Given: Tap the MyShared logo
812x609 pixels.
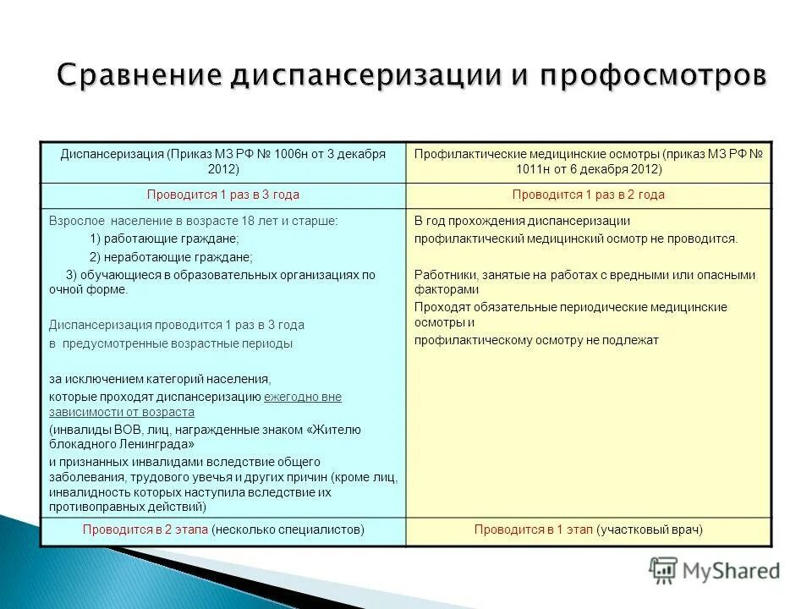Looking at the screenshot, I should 715,571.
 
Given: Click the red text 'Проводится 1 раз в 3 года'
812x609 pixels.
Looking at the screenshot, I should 222,195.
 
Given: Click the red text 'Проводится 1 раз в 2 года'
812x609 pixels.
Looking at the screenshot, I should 588,195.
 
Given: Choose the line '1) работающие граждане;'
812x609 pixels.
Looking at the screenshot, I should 163,239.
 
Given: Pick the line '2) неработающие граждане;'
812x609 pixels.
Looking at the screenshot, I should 170,257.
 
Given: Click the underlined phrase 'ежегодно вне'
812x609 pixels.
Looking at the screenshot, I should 303,396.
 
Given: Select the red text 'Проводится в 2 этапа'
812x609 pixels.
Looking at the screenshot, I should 145,529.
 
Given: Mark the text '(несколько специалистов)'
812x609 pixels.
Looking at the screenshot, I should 288,529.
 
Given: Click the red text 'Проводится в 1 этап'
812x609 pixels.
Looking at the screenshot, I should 533,529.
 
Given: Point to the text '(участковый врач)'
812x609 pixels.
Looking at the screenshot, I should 650,529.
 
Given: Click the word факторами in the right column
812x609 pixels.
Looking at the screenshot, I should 442,288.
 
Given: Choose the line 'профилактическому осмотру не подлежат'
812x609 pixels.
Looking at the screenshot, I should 536,340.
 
